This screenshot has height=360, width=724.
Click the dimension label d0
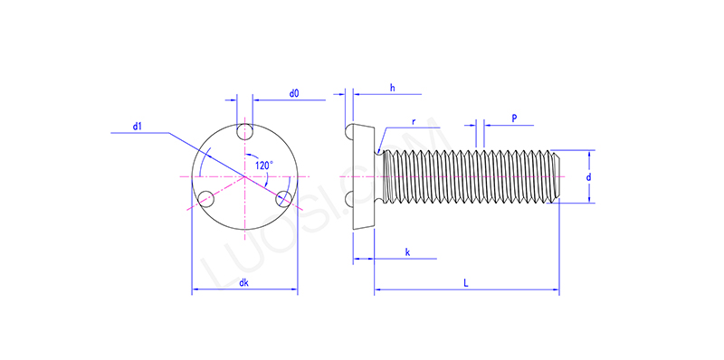coord(294,93)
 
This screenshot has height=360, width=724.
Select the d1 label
coord(138,127)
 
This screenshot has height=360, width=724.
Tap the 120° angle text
coord(263,165)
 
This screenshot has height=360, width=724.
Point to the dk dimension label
coord(243,283)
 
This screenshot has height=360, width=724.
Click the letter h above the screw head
coord(392,87)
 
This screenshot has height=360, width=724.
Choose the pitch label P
coord(514,118)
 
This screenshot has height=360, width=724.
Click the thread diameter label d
coord(588,177)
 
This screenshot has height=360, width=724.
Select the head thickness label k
coord(407,252)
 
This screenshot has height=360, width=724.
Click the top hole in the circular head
coord(244,132)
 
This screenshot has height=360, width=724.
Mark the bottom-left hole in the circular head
coord(205,198)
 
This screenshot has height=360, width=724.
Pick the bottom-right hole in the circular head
coord(283,198)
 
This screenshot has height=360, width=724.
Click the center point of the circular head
coord(244,175)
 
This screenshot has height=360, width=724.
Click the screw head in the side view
coord(362,175)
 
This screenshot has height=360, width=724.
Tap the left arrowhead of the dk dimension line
coord(195,291)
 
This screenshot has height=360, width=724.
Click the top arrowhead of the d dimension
coord(594,153)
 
